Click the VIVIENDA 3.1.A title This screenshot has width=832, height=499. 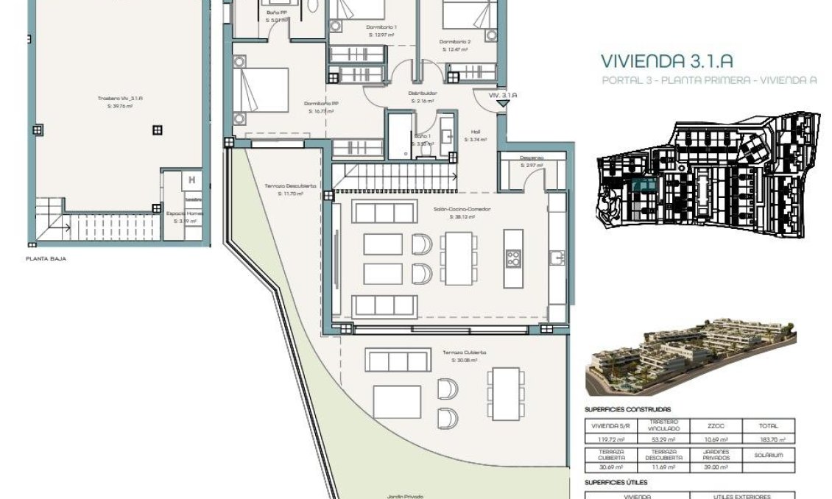pos(666,61)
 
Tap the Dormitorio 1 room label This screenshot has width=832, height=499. pos(381,27)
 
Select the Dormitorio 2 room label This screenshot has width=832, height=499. pos(455,42)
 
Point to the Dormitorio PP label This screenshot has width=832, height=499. pos(322,103)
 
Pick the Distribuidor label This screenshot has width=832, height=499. pos(423,93)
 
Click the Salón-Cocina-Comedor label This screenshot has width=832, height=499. pos(462,210)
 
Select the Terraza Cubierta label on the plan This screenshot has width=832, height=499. pos(464,353)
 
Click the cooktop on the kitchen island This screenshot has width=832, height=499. pos(513,258)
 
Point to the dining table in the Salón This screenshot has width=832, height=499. pos(458,258)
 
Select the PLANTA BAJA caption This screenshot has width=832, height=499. pos(46,259)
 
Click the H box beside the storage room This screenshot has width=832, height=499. pos(192,180)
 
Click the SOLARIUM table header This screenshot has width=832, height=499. pos(769,455)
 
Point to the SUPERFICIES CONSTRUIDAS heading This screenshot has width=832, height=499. pos(627,409)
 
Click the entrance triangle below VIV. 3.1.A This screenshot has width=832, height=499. pos(502,105)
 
